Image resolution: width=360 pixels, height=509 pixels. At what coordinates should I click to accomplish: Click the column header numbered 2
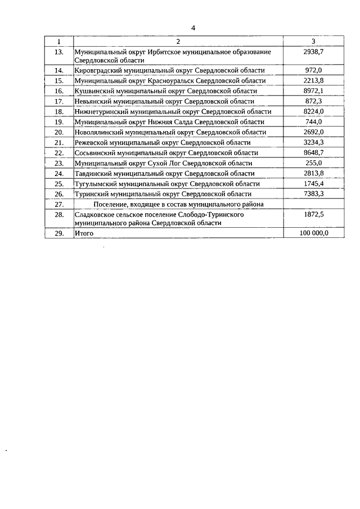click(x=178, y=41)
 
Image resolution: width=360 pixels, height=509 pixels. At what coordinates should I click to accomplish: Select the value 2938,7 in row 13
click(x=313, y=51)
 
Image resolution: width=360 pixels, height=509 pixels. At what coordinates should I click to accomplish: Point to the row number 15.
click(x=59, y=80)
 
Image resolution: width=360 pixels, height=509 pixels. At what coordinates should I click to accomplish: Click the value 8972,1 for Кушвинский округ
click(x=313, y=91)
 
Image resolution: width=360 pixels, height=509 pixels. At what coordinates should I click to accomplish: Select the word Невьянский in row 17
click(x=93, y=101)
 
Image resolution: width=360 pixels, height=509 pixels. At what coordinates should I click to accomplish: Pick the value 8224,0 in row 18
click(x=313, y=111)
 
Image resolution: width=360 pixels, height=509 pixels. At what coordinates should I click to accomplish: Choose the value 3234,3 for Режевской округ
click(x=313, y=142)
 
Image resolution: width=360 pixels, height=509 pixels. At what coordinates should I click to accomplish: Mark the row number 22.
click(x=59, y=152)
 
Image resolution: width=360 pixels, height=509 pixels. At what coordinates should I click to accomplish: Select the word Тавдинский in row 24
click(x=93, y=173)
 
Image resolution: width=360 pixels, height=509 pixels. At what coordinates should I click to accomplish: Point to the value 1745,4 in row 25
click(x=313, y=183)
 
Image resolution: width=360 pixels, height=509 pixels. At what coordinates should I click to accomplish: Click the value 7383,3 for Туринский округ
click(x=313, y=193)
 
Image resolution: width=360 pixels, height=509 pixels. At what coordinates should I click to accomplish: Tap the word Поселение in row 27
click(x=112, y=204)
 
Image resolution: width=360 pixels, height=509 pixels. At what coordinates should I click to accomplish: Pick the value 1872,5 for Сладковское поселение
click(x=313, y=215)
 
